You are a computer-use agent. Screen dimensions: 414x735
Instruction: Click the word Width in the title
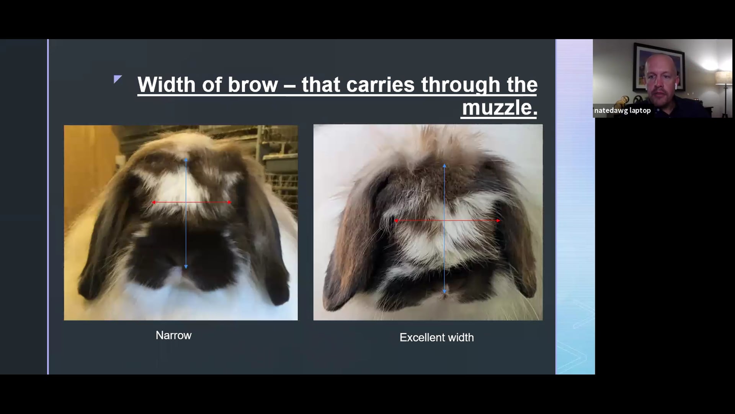pyautogui.click(x=167, y=84)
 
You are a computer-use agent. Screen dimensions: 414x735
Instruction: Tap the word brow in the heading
pyautogui.click(x=253, y=84)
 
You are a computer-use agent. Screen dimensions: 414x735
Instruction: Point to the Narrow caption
pyautogui.click(x=173, y=335)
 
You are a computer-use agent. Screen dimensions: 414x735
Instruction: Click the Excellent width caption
pyautogui.click(x=436, y=337)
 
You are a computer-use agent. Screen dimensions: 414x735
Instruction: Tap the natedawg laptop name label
pyautogui.click(x=622, y=110)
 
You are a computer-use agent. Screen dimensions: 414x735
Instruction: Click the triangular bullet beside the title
pyautogui.click(x=118, y=79)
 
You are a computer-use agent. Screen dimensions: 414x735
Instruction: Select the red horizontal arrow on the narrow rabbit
pyautogui.click(x=207, y=202)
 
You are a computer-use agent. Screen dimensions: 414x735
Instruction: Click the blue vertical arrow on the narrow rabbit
pyautogui.click(x=186, y=238)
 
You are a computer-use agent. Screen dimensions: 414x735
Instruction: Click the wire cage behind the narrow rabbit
pyautogui.click(x=279, y=161)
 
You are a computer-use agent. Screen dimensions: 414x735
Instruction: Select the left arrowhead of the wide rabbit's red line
pyautogui.click(x=396, y=221)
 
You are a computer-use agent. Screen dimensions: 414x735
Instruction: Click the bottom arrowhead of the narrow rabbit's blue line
pyautogui.click(x=186, y=267)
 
